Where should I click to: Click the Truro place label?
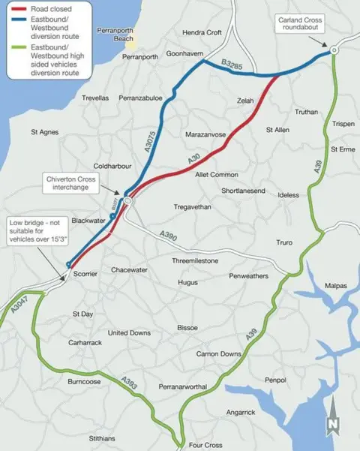[x=284, y=242]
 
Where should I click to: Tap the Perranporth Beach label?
[x=115, y=35]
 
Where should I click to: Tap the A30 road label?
[x=193, y=161]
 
